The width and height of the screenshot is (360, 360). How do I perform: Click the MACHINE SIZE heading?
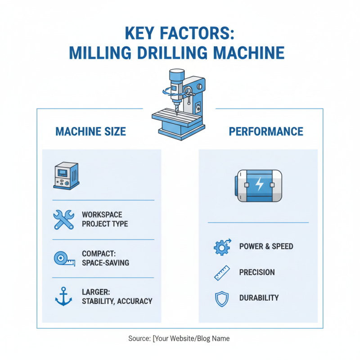[90, 131]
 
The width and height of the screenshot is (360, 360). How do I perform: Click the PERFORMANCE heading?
[266, 131]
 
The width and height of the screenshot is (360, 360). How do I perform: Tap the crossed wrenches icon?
[63, 219]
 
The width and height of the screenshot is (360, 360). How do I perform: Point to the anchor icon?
[63, 297]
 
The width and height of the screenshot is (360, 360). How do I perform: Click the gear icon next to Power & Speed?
[221, 247]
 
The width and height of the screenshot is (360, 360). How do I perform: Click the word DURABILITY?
[259, 298]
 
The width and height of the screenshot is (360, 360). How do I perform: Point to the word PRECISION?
[256, 272]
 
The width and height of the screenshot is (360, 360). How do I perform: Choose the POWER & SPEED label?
[266, 247]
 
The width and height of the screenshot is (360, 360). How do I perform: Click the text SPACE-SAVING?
[105, 262]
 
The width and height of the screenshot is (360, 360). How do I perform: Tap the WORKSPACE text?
[102, 215]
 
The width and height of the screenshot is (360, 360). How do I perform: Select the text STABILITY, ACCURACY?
[117, 301]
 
